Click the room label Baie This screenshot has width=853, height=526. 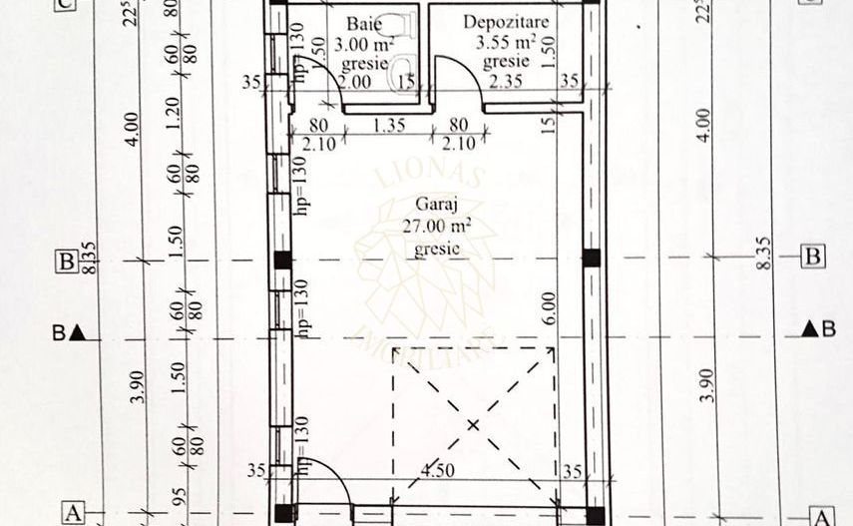[x=362, y=23]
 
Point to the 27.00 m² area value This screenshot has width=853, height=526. [x=435, y=228]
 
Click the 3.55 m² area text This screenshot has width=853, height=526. [x=506, y=42]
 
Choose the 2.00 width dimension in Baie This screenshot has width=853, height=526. [x=355, y=81]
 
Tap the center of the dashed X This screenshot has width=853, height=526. [x=474, y=424]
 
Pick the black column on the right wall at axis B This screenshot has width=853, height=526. [x=591, y=259]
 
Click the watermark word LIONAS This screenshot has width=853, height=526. [x=431, y=177]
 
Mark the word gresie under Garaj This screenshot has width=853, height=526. [x=436, y=249]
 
